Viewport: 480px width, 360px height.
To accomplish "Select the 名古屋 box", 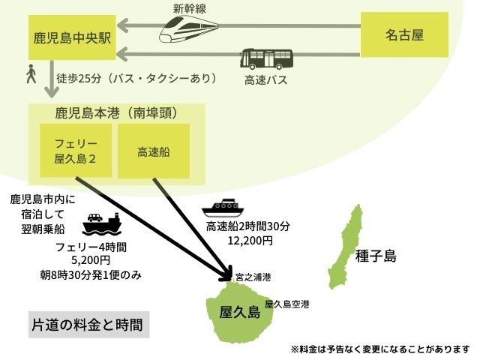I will (x=404, y=34).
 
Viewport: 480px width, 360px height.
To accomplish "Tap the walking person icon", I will (x=31, y=74).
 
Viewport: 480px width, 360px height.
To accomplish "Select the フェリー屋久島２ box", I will (x=75, y=151).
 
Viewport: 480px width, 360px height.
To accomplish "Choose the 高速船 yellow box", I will (x=153, y=151).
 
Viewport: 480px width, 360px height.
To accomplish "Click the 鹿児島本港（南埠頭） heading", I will (x=115, y=113).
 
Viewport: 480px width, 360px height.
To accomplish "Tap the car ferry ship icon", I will (x=101, y=223).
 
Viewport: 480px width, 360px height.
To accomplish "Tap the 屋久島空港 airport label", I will (x=286, y=304).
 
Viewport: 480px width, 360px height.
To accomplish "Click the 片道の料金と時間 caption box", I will (x=88, y=325).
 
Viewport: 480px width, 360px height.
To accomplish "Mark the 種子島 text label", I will (x=377, y=256).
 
